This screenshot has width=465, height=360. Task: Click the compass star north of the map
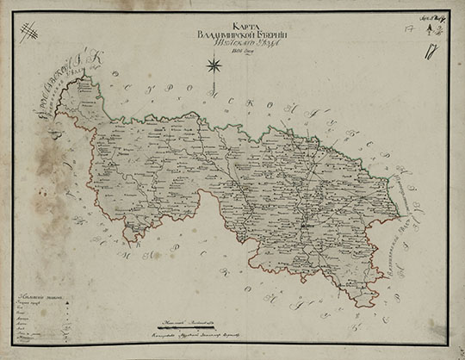point(211,63)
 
